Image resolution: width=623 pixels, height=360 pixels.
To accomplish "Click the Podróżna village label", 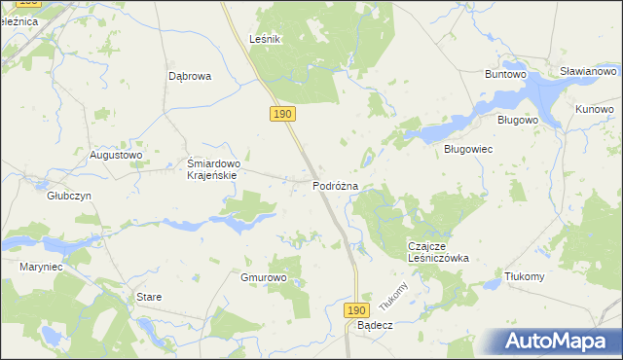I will coord(336,185).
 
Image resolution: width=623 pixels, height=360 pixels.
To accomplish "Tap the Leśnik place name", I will coord(265,39).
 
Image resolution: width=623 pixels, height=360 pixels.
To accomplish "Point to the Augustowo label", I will coord(116,154).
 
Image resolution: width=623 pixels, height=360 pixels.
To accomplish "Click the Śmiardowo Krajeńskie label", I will coord(220,169).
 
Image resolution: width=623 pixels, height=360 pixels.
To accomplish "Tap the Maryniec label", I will coord(41,266).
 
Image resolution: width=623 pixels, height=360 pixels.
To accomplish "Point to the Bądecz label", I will coord(374,325).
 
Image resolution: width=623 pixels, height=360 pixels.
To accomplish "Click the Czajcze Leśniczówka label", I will coord(438,252).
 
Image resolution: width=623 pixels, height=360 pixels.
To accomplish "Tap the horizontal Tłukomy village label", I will coord(525,276).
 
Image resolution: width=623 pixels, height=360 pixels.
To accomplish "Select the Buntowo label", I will coord(506,73).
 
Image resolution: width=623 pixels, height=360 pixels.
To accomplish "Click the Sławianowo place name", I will coord(589,72).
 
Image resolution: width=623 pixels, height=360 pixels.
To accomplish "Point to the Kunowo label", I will coord(594,108).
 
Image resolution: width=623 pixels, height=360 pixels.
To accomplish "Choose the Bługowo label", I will coord(518,120).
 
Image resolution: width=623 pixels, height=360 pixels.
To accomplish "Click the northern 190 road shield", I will coord(282,115).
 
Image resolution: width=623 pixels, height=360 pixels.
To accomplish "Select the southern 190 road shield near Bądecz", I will coord(356,308).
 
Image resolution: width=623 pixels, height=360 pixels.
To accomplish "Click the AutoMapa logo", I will coord(560,341).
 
